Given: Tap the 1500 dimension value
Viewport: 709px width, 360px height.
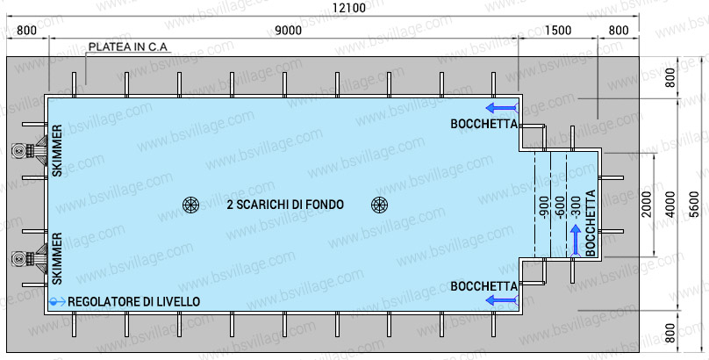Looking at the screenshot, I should [x=558, y=30].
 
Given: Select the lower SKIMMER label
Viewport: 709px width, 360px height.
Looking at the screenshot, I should [x=57, y=258].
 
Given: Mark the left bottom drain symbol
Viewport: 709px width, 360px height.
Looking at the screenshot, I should [x=190, y=205].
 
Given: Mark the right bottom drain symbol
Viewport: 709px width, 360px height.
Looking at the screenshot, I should [x=379, y=205].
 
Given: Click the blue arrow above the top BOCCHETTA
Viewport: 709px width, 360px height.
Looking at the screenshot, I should [x=503, y=108].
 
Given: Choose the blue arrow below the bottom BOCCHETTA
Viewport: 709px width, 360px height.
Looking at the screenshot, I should [x=503, y=301].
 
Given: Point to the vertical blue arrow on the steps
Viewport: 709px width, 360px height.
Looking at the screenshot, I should [x=576, y=239].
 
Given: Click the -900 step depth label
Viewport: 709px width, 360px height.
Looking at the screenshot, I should [x=544, y=207].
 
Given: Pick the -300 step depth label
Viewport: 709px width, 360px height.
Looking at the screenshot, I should [x=576, y=207].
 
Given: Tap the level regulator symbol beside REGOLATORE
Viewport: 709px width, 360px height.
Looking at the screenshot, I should [x=56, y=301].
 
